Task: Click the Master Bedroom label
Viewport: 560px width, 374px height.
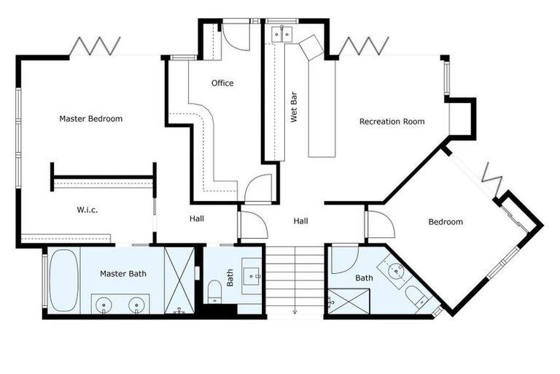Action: click(90, 118)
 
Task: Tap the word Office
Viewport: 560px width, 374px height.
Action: click(222, 83)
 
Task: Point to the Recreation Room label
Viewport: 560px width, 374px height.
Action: click(392, 121)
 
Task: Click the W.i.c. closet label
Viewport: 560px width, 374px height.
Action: click(87, 210)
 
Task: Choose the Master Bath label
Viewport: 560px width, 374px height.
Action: click(122, 274)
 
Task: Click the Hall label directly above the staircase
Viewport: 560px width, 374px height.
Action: click(301, 221)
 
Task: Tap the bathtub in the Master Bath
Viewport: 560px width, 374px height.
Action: click(64, 281)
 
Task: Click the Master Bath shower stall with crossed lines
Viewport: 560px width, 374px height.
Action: click(179, 280)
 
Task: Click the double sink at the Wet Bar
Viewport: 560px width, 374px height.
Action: click(281, 34)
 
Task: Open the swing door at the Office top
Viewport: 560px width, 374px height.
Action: click(236, 35)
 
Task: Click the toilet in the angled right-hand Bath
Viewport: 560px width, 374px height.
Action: click(416, 297)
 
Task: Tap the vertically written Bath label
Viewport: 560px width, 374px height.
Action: click(230, 278)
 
